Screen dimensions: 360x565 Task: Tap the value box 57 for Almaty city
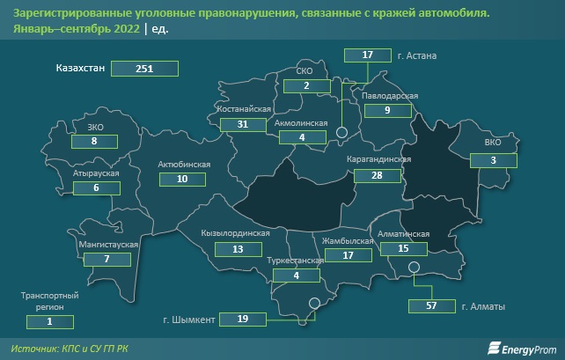[430, 306]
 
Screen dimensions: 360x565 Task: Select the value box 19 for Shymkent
[242, 319]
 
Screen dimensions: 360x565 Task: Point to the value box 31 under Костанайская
[244, 126]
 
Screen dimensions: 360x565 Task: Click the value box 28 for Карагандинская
[379, 176]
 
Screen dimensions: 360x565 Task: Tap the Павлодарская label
[387, 96]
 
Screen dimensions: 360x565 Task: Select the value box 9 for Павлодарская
[386, 111]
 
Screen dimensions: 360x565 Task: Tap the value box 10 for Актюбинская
[181, 179]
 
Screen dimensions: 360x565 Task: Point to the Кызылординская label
[235, 233]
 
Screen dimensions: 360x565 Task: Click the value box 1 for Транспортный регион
[49, 322]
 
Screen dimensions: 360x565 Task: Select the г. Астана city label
[417, 55]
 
